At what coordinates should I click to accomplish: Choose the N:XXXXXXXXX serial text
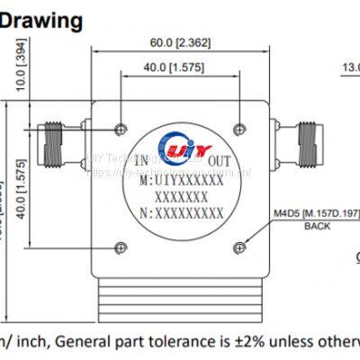183,213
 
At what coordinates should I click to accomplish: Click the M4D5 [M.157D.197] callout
316,213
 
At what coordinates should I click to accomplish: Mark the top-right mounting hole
238,126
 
